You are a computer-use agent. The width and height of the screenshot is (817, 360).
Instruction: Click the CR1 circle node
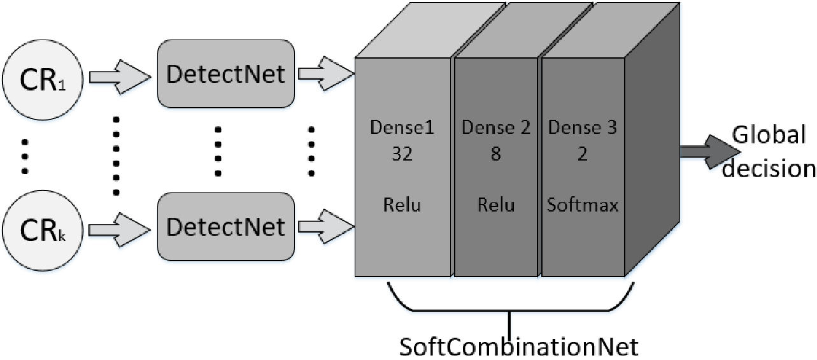click(43, 80)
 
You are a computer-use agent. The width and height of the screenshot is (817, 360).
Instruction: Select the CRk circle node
click(43, 231)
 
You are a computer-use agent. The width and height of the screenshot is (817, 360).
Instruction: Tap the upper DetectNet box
click(226, 74)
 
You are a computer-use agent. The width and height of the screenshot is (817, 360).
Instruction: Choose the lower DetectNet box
click(226, 227)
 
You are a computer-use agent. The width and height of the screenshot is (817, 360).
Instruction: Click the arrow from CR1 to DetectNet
click(120, 77)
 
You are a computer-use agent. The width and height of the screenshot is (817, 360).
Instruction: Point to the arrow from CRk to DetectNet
click(120, 230)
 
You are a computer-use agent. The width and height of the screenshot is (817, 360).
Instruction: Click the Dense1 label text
click(402, 127)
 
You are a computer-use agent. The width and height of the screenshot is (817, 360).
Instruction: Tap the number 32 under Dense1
click(402, 154)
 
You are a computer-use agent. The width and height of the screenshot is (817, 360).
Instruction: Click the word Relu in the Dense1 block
click(402, 205)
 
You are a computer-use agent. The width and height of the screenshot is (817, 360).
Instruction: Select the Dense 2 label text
click(496, 127)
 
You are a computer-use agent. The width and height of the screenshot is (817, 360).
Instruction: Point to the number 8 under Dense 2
click(495, 154)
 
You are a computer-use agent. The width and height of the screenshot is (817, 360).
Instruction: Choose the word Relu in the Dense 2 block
click(496, 205)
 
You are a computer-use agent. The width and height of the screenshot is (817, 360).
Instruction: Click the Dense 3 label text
click(583, 127)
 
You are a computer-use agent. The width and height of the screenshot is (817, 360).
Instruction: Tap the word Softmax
click(583, 205)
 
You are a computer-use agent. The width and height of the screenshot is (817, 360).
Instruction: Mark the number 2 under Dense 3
click(583, 154)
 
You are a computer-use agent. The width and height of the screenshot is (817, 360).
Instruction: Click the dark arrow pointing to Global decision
click(710, 152)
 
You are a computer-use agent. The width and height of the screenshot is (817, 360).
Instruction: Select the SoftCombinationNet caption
click(518, 347)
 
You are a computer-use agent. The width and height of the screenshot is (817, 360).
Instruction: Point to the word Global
click(769, 134)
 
